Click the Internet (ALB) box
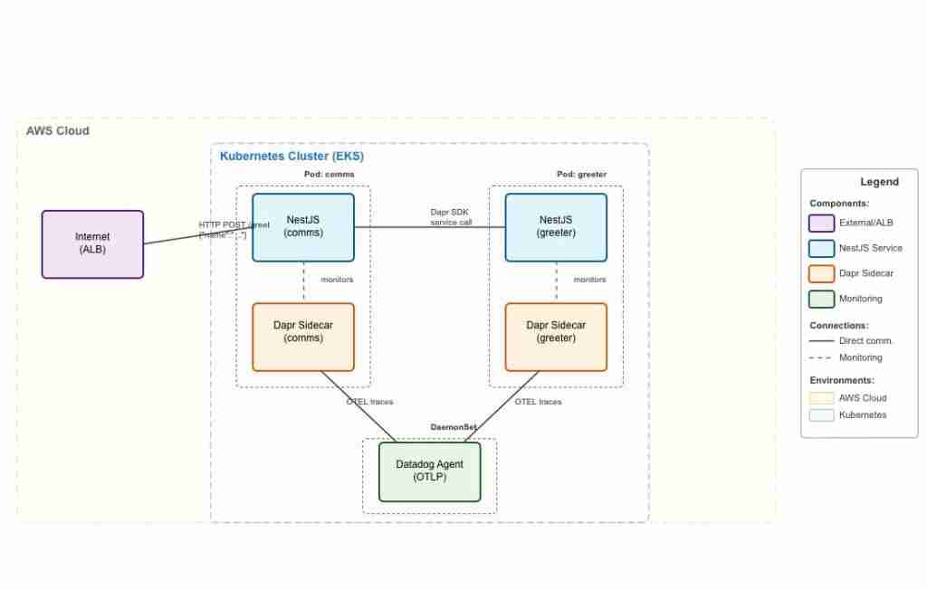click(x=92, y=244)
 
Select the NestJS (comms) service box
click(x=302, y=227)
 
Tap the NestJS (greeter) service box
click(x=556, y=227)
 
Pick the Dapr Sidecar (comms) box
click(x=302, y=337)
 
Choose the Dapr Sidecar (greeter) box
click(x=556, y=337)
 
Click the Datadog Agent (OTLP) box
click(x=429, y=471)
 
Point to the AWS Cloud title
click(x=58, y=131)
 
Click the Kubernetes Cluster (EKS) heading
click(x=291, y=157)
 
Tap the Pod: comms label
click(x=329, y=175)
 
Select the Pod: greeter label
click(x=581, y=175)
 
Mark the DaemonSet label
click(x=453, y=426)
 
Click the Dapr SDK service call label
click(x=450, y=217)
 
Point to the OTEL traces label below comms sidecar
click(x=369, y=402)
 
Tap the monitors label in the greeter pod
click(x=589, y=280)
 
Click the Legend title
click(x=879, y=182)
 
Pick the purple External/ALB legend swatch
click(x=821, y=223)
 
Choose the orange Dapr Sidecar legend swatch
click(x=821, y=273)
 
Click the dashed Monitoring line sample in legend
click(x=821, y=357)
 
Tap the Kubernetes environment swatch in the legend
click(x=821, y=415)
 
